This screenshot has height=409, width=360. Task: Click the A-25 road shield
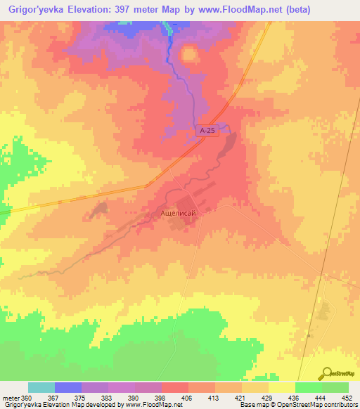tap(205, 131)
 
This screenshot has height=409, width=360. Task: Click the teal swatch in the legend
tap(41, 388)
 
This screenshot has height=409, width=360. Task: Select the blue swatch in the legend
tap(68, 388)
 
